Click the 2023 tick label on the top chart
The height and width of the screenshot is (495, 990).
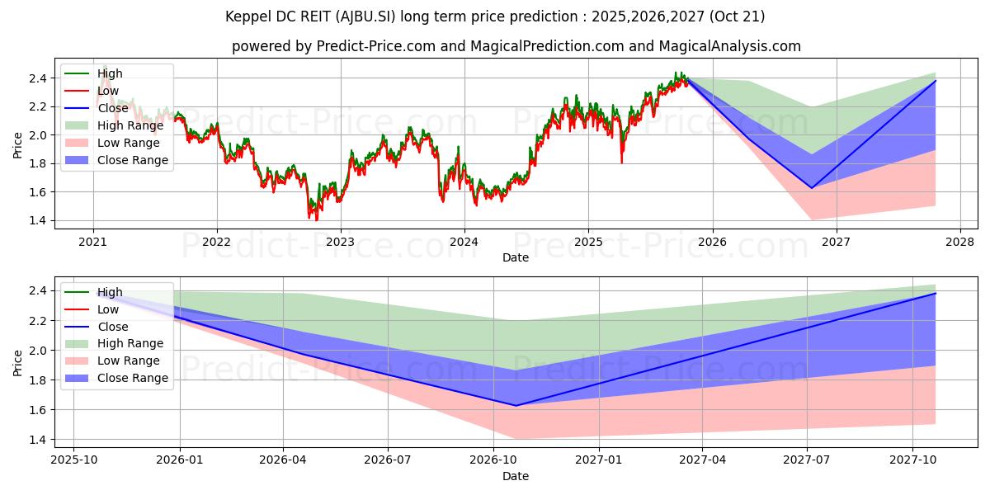pos(340,243)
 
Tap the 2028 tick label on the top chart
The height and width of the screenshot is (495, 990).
pos(959,243)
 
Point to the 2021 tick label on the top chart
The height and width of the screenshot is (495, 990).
pos(92,243)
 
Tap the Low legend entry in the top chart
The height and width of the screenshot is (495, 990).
pos(108,91)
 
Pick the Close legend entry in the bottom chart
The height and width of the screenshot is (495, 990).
pos(112,327)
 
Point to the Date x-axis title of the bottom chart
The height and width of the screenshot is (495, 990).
pos(516,476)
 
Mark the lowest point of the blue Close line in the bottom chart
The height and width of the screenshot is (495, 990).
pos(516,406)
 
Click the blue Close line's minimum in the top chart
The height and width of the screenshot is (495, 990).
pos(812,188)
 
